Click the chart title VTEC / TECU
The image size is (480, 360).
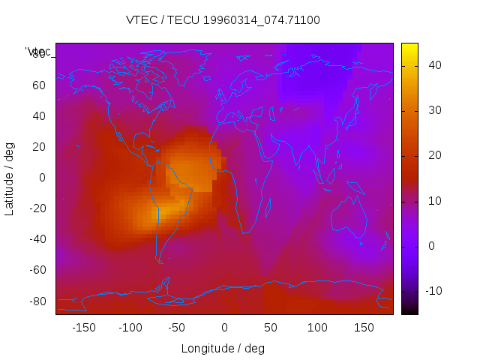click(x=223, y=20)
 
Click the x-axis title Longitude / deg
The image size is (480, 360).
click(x=223, y=348)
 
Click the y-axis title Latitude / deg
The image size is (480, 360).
click(x=10, y=178)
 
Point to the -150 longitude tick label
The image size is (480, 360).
click(x=83, y=328)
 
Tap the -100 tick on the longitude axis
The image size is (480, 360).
click(x=130, y=328)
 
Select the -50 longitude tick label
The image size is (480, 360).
click(x=177, y=328)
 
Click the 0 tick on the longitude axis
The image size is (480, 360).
click(x=224, y=328)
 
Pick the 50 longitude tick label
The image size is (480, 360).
click(x=271, y=328)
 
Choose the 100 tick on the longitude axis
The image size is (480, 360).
click(x=317, y=328)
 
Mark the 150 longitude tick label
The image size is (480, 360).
click(x=364, y=328)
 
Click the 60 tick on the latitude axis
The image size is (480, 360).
click(x=39, y=85)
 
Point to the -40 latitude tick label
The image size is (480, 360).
click(x=37, y=239)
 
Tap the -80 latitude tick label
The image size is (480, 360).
click(x=37, y=301)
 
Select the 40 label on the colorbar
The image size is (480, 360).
click(x=433, y=65)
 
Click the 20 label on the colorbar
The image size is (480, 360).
click(x=433, y=155)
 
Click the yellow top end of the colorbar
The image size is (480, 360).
click(x=409, y=46)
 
